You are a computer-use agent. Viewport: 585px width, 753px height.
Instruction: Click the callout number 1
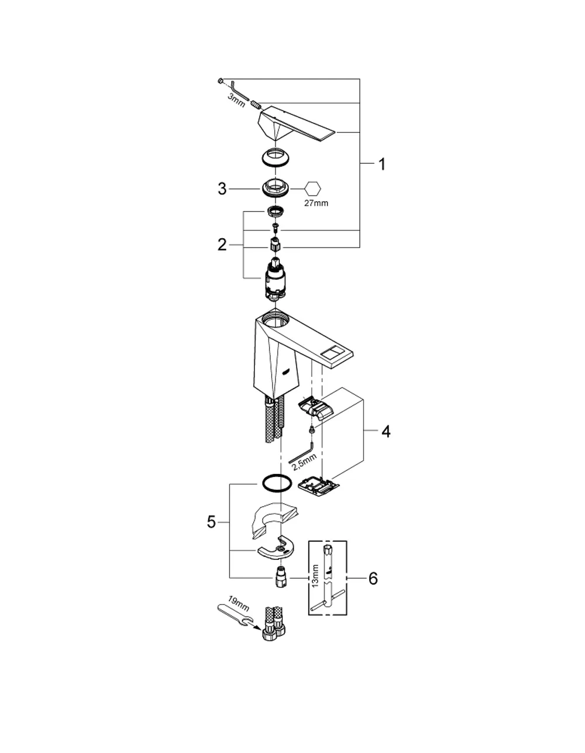[x=381, y=164]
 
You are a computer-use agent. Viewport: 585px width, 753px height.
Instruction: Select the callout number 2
[x=222, y=245]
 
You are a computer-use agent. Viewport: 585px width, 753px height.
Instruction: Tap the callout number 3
[x=222, y=189]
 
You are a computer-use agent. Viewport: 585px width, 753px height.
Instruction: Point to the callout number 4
[x=386, y=431]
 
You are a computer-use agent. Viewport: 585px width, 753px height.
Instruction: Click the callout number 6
[x=373, y=578]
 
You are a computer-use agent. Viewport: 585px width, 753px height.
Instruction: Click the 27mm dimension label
[x=316, y=203]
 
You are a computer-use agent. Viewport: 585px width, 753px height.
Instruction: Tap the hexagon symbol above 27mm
[x=313, y=189]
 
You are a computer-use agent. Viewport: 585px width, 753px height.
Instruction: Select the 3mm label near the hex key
[x=236, y=101]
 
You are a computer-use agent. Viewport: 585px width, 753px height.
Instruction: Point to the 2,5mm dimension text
[x=304, y=462]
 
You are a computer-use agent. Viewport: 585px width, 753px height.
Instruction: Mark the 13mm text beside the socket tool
[x=315, y=576]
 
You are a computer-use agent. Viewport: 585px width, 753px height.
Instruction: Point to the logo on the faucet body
[x=285, y=372]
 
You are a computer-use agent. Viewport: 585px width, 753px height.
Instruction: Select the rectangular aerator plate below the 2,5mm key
[x=319, y=489]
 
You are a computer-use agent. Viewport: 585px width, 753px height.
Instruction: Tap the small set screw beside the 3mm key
[x=256, y=104]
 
